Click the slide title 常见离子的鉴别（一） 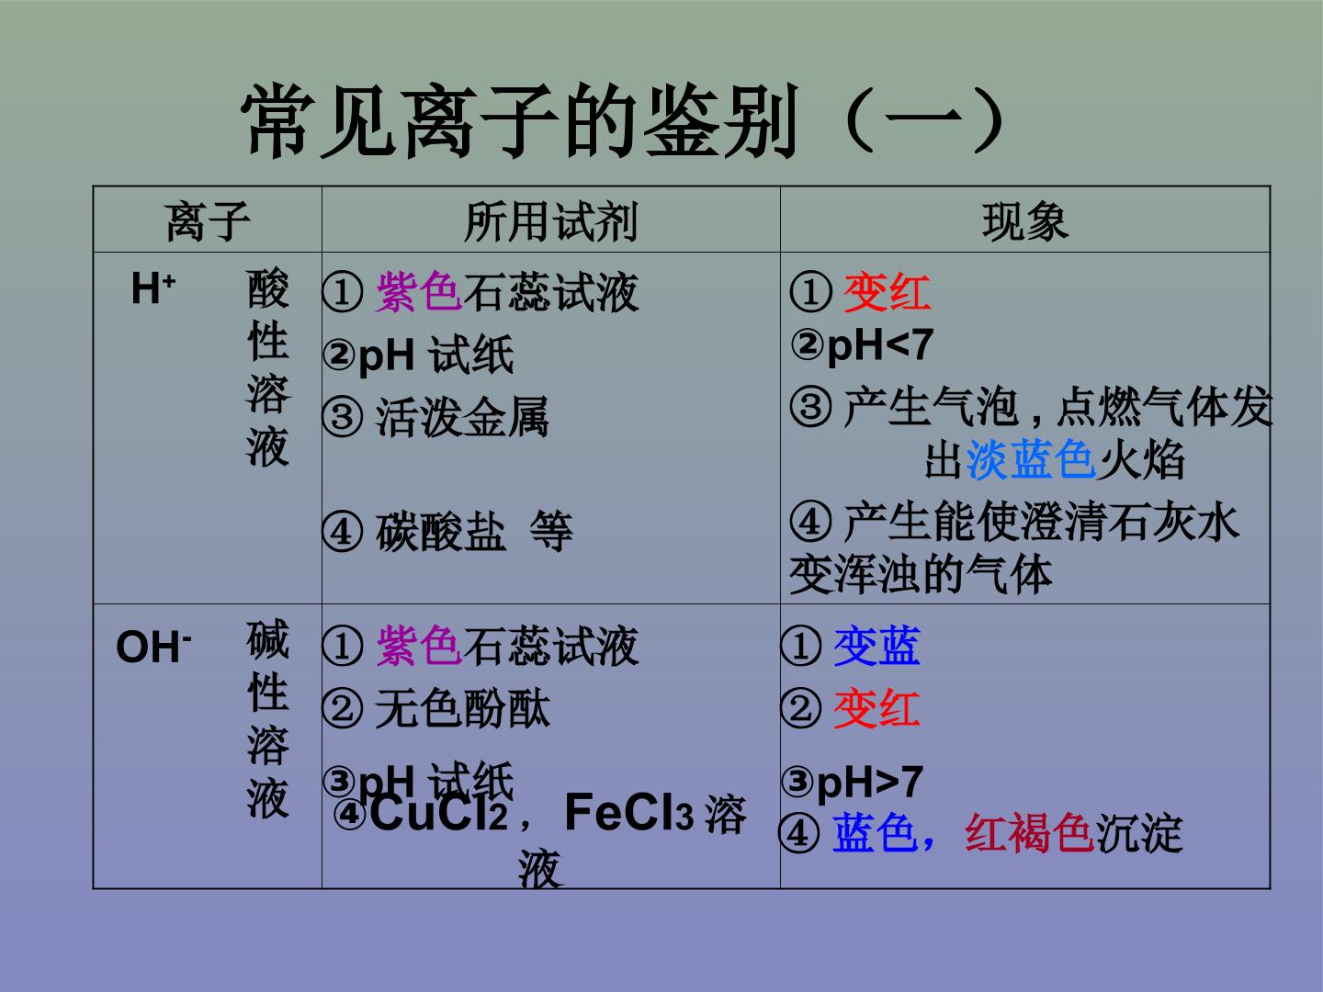pos(624,120)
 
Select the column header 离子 pos(208,221)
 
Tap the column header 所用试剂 pos(551,221)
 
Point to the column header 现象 pos(1024,221)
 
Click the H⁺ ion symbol pos(153,287)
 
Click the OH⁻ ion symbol pos(153,647)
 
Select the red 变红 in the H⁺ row pos(887,292)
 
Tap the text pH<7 pos(880,345)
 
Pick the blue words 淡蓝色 pos(1031,459)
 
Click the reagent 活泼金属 pos(462,416)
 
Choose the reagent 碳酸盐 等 pos(474,531)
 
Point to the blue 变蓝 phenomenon pos(877,646)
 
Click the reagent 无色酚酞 pos(462,709)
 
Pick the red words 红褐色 pos(1030,833)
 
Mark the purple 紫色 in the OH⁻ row pos(419,646)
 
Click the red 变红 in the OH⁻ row pos(877,708)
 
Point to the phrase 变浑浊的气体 pos(921,575)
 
